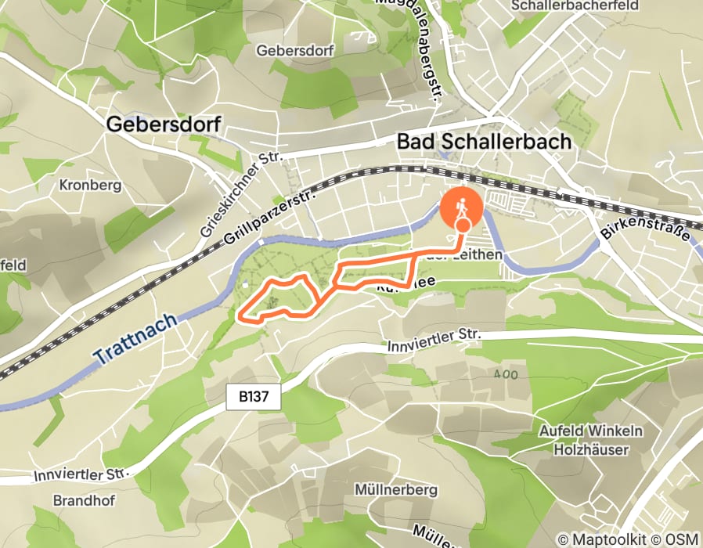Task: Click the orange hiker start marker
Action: click(x=462, y=209)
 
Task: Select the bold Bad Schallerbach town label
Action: click(x=484, y=142)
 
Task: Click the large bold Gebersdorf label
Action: click(x=163, y=124)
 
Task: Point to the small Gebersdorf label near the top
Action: click(x=295, y=50)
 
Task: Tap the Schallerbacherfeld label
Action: click(x=585, y=6)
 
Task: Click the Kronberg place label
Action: click(x=90, y=186)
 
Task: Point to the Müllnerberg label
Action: click(x=395, y=490)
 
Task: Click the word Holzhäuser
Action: click(x=591, y=450)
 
